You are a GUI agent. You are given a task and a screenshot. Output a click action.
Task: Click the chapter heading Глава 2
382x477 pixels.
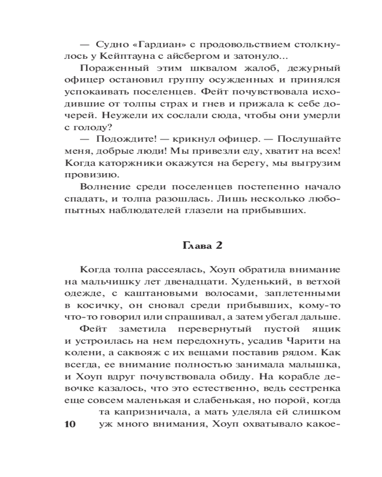pyautogui.click(x=203, y=246)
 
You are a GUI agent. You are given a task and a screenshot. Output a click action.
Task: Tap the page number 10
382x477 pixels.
pyautogui.click(x=70, y=425)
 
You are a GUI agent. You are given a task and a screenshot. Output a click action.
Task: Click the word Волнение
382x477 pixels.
pyautogui.click(x=104, y=186)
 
